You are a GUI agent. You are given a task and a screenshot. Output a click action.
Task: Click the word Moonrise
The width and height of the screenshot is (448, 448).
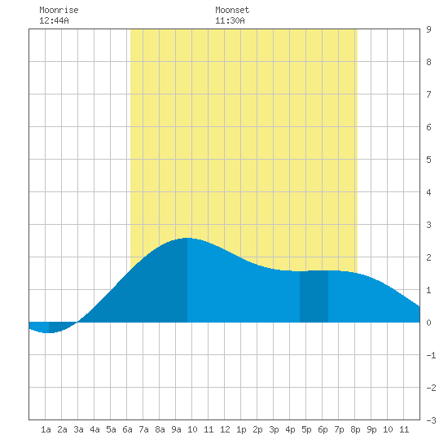pos(59,10)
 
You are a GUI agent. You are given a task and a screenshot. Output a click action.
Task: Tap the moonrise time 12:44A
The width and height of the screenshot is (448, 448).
pos(54,20)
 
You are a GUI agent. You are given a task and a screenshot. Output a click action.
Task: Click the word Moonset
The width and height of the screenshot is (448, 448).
pos(232,10)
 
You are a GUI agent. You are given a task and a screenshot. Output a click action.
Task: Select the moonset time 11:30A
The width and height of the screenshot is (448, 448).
pos(230,20)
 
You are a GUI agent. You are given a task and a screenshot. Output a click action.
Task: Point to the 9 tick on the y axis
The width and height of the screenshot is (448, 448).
pos(428,29)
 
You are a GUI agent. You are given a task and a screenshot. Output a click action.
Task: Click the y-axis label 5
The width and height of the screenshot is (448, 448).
pos(428,160)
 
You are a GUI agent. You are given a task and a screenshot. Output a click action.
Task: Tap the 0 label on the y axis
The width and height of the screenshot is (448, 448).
pos(428,323)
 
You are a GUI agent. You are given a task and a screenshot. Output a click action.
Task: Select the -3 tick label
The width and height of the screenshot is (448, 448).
pos(431,420)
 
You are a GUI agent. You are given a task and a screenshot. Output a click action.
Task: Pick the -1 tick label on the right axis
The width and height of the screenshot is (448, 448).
pos(431,355)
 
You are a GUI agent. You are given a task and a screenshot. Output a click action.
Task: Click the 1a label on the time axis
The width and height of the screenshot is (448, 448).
pos(46,429)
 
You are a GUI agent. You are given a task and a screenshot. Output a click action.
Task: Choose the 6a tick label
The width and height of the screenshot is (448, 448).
pos(127,429)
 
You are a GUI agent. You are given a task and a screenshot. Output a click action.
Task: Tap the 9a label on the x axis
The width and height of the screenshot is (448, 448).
pos(176,429)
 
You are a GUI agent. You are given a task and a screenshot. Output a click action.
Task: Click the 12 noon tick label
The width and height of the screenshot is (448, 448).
pos(225,429)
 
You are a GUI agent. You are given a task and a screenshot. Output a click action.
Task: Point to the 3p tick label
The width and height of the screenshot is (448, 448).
pos(274,429)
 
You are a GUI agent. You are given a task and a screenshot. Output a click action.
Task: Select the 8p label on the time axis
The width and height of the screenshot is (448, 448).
pos(355,429)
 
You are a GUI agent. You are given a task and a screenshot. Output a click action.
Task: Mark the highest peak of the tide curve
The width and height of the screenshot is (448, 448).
pos(187,238)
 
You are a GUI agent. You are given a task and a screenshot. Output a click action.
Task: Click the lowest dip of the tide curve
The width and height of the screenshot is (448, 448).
pos(49,332)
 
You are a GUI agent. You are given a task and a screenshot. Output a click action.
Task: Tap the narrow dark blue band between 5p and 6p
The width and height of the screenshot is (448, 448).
pos(314,296)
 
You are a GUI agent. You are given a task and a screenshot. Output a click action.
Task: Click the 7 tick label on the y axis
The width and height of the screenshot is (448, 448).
pos(428,94)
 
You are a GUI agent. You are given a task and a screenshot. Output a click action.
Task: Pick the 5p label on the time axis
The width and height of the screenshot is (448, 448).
pos(306,429)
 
